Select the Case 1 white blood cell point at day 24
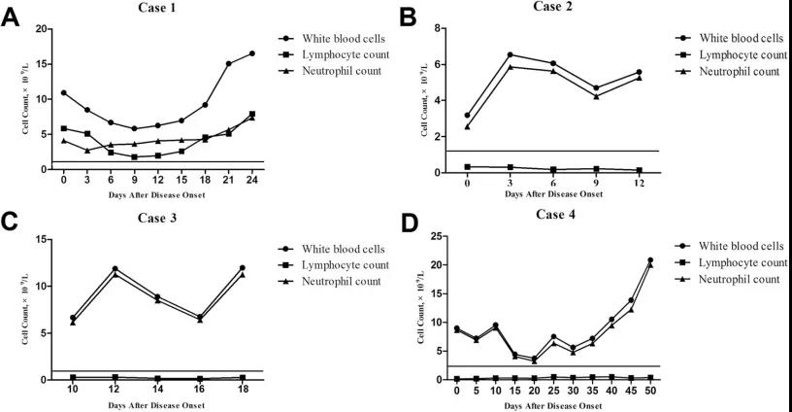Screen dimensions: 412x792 [x=252, y=53]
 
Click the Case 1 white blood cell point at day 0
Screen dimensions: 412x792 [x=64, y=93]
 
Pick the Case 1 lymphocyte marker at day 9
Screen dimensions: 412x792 [x=134, y=156]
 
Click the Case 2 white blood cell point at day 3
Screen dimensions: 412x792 [x=511, y=54]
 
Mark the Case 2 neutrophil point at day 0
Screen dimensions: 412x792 [x=467, y=126]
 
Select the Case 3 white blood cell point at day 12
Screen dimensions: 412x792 [x=115, y=269]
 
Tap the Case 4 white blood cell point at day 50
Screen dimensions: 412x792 [x=650, y=259]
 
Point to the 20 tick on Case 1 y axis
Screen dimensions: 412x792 [x=42, y=29]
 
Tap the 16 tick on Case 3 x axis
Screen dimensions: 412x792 [x=201, y=390]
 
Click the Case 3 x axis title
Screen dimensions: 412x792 [x=158, y=404]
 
